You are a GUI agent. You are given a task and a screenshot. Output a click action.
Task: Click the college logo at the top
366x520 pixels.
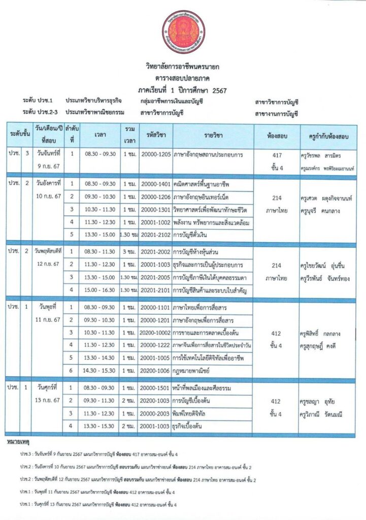183,31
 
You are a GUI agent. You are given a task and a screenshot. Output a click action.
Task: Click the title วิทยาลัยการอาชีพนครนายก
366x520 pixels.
183,67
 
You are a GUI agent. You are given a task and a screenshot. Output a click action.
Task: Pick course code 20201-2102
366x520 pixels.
155,236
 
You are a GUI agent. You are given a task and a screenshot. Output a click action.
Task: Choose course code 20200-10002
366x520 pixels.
156,333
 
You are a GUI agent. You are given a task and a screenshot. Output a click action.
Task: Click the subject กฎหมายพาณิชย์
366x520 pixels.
193,372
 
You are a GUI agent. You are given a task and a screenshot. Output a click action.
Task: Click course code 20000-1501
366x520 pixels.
155,388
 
